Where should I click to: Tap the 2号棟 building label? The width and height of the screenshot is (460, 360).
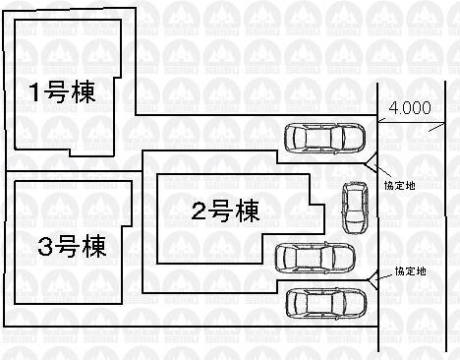(224, 209)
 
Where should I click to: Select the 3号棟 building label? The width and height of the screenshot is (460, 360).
(71, 244)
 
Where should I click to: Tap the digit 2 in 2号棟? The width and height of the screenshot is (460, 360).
(198, 209)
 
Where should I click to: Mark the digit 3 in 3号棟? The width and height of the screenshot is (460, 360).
(43, 244)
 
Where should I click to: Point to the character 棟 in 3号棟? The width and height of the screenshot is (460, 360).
(97, 244)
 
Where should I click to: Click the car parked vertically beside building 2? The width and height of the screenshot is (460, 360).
(352, 208)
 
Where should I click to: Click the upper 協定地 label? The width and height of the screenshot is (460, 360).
(398, 184)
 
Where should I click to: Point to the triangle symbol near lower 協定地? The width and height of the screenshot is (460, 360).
(373, 282)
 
